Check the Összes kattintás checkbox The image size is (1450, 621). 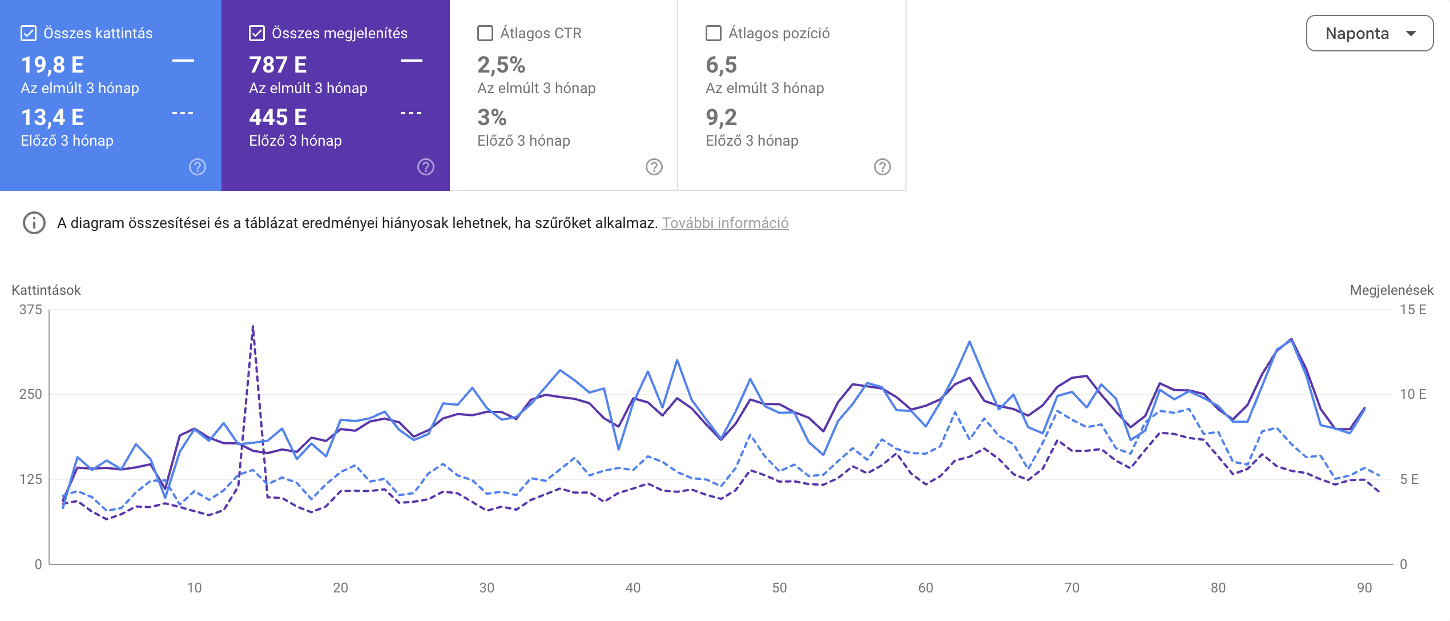[x=29, y=33]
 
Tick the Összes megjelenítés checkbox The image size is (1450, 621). [x=257, y=33]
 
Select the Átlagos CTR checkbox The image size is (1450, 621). [x=485, y=33]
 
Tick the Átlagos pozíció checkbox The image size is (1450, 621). [x=714, y=33]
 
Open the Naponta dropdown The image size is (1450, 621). [x=1369, y=33]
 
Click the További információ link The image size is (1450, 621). [x=725, y=223]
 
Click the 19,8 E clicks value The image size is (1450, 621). [x=53, y=65]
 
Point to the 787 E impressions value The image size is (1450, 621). [x=278, y=65]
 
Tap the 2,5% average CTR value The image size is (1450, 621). [x=501, y=65]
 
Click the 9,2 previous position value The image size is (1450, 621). [x=722, y=118]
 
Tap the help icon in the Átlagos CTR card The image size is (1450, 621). [x=654, y=167]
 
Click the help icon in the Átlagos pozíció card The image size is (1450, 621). [x=883, y=167]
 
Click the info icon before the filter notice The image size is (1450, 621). [x=34, y=223]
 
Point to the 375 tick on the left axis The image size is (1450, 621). [x=31, y=310]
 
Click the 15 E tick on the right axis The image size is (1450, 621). [x=1413, y=310]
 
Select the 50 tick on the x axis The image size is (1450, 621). [x=779, y=588]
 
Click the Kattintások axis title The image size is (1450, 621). [x=46, y=290]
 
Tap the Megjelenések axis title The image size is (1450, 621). [x=1391, y=290]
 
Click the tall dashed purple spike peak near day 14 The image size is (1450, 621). [x=253, y=327]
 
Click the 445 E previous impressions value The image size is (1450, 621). [x=278, y=118]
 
